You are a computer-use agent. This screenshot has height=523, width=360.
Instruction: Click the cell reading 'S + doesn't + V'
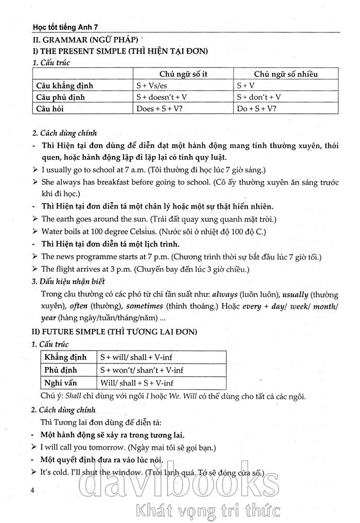pyautogui.click(x=165, y=97)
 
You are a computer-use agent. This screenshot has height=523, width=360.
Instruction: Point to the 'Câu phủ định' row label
pyautogui.click(x=60, y=97)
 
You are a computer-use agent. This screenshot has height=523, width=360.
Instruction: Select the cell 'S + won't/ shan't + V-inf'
pyautogui.click(x=141, y=370)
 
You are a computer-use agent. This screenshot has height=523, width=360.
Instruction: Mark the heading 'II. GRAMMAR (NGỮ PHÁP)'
pyautogui.click(x=84, y=39)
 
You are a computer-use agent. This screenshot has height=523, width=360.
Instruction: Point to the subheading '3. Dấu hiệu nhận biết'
pyautogui.click(x=68, y=281)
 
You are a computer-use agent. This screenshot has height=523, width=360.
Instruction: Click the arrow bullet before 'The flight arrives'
pyautogui.click(x=34, y=269)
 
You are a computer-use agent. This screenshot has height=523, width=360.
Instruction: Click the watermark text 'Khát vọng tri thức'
pyautogui.click(x=206, y=511)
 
